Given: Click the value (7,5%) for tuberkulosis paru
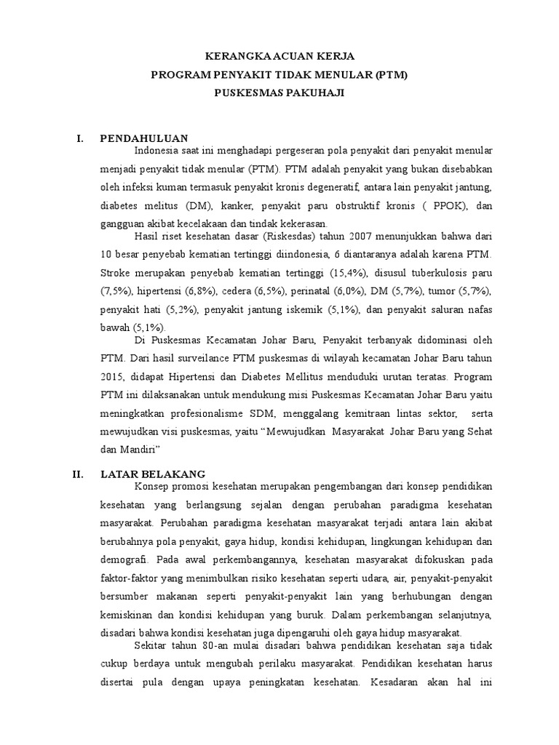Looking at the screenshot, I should (x=115, y=290).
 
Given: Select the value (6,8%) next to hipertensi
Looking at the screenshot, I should (x=199, y=290).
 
